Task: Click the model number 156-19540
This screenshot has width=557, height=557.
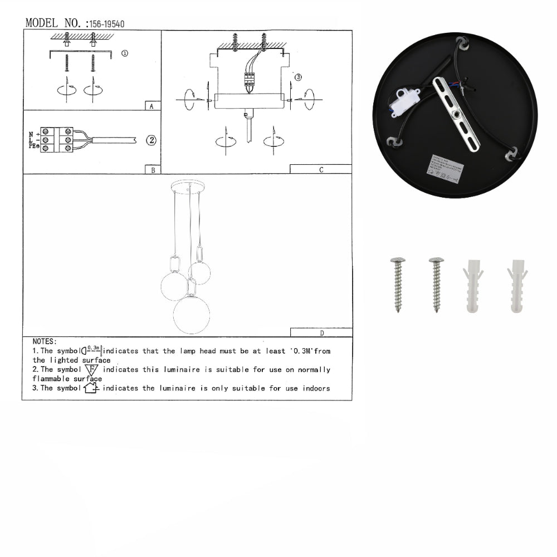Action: [105, 24]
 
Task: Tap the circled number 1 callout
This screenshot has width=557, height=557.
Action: [124, 53]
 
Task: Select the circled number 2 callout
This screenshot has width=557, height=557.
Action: [150, 140]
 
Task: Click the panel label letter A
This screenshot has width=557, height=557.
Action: [152, 106]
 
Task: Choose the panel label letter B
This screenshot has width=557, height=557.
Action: [153, 170]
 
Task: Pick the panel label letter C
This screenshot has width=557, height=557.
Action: [321, 170]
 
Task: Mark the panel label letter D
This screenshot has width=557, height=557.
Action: [321, 333]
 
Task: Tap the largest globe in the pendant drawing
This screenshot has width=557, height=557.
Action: [191, 315]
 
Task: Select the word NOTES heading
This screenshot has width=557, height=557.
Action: [45, 341]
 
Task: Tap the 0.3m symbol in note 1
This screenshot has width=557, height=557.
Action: [92, 350]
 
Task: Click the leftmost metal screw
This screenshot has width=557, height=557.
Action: [398, 284]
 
